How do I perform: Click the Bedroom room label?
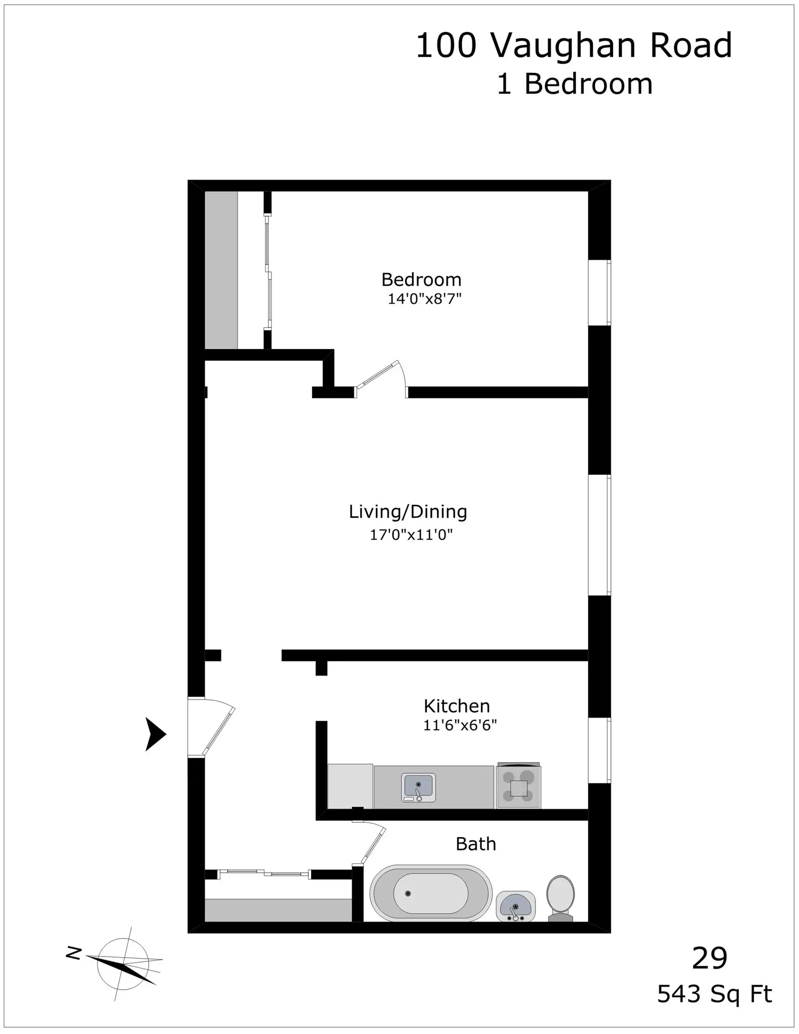click(x=421, y=280)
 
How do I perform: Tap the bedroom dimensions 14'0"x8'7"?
click(x=424, y=299)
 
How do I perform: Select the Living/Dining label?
click(x=408, y=512)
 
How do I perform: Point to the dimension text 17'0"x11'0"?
click(x=411, y=535)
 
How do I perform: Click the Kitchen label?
click(x=457, y=706)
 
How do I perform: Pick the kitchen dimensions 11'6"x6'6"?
click(x=460, y=725)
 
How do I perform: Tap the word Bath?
click(x=476, y=844)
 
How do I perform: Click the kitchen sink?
click(x=418, y=787)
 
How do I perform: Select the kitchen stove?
click(x=518, y=785)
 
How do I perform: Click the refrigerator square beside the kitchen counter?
click(x=350, y=786)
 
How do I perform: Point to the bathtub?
click(x=431, y=893)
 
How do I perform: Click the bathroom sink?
click(x=515, y=906)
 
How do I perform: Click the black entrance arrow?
click(x=155, y=734)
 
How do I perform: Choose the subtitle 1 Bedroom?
click(x=575, y=84)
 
